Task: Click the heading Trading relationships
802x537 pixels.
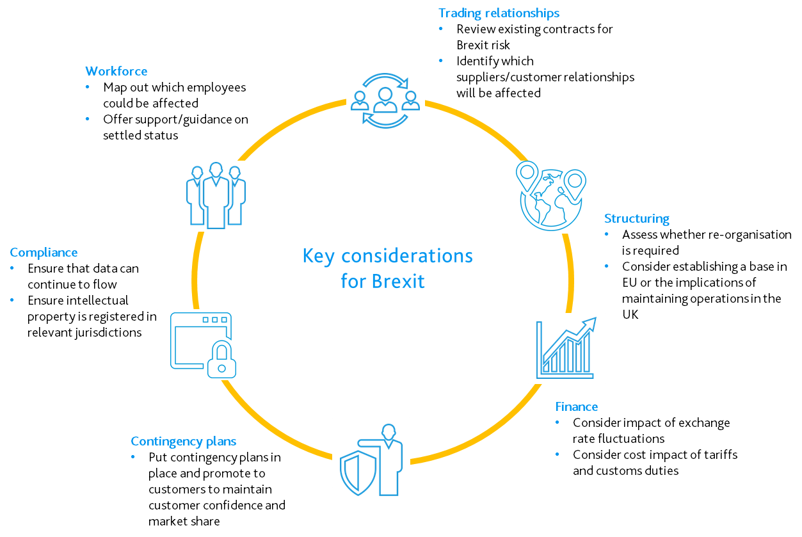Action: pyautogui.click(x=499, y=13)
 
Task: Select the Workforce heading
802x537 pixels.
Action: pyautogui.click(x=116, y=71)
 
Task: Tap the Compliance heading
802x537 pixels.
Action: pyautogui.click(x=44, y=252)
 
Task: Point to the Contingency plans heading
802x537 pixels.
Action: pyautogui.click(x=183, y=441)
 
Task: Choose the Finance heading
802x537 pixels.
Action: pyautogui.click(x=576, y=406)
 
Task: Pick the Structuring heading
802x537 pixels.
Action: pyautogui.click(x=636, y=218)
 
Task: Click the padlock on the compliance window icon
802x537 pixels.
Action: pyautogui.click(x=221, y=359)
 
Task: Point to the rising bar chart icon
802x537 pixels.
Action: pyautogui.click(x=566, y=349)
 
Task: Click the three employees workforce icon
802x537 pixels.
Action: pyautogui.click(x=216, y=195)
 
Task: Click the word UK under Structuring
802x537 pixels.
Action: pyautogui.click(x=630, y=315)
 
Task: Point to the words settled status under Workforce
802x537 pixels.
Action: pyautogui.click(x=140, y=135)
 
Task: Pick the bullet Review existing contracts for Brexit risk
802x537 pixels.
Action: pyautogui.click(x=534, y=37)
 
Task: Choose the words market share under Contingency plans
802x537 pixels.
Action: pyautogui.click(x=184, y=521)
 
